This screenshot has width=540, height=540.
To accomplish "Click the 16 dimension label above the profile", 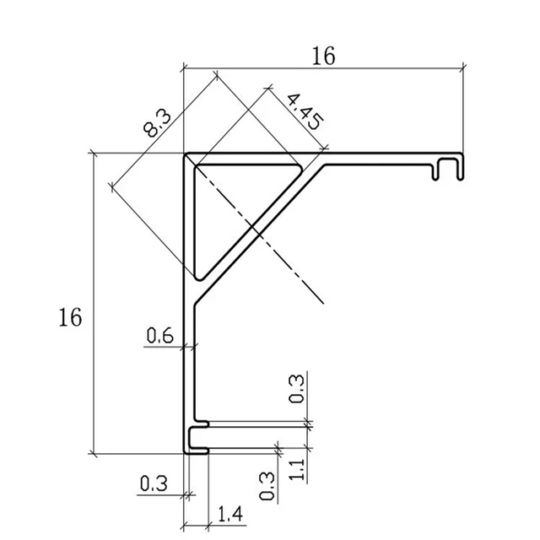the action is (323, 56).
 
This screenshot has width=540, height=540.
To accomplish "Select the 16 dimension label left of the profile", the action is (71, 318).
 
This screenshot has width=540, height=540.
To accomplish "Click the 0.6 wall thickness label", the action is (159, 336).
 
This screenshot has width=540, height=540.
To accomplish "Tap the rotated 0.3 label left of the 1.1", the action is (267, 485).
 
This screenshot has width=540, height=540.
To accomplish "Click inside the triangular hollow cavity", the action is (228, 202).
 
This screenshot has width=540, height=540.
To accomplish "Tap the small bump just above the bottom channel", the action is (202, 422).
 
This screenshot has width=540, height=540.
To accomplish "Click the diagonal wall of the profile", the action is (262, 228).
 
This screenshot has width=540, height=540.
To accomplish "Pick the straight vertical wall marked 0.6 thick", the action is (189, 363).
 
